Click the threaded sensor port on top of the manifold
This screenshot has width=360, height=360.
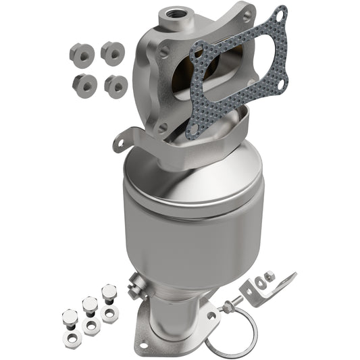pyautogui.click(x=185, y=11)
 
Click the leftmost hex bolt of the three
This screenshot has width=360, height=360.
pyautogui.click(x=70, y=317)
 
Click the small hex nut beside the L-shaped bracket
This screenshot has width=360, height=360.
pyautogui.click(x=269, y=276)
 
